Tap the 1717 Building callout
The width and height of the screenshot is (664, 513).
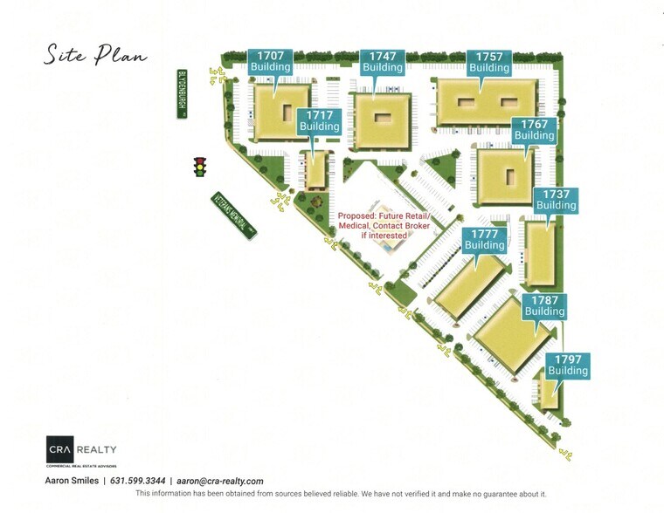[x=319, y=121]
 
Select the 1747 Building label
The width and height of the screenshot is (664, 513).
[x=383, y=62]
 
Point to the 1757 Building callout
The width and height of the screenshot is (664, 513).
[x=489, y=62]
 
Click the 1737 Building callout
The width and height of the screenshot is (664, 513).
[x=557, y=200]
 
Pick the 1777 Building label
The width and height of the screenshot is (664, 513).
[x=485, y=240]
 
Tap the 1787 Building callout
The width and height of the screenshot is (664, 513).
[x=544, y=305]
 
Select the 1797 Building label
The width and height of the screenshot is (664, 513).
[x=568, y=365]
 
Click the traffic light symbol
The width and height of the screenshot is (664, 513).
[x=200, y=167]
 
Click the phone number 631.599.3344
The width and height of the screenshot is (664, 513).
[x=139, y=481]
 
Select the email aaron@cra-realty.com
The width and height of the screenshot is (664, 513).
[x=220, y=481]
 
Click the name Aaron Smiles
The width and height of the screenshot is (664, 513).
[x=72, y=481]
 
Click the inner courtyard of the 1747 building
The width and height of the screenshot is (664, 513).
[x=382, y=120]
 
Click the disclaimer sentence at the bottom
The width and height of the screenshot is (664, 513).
[x=341, y=494]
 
